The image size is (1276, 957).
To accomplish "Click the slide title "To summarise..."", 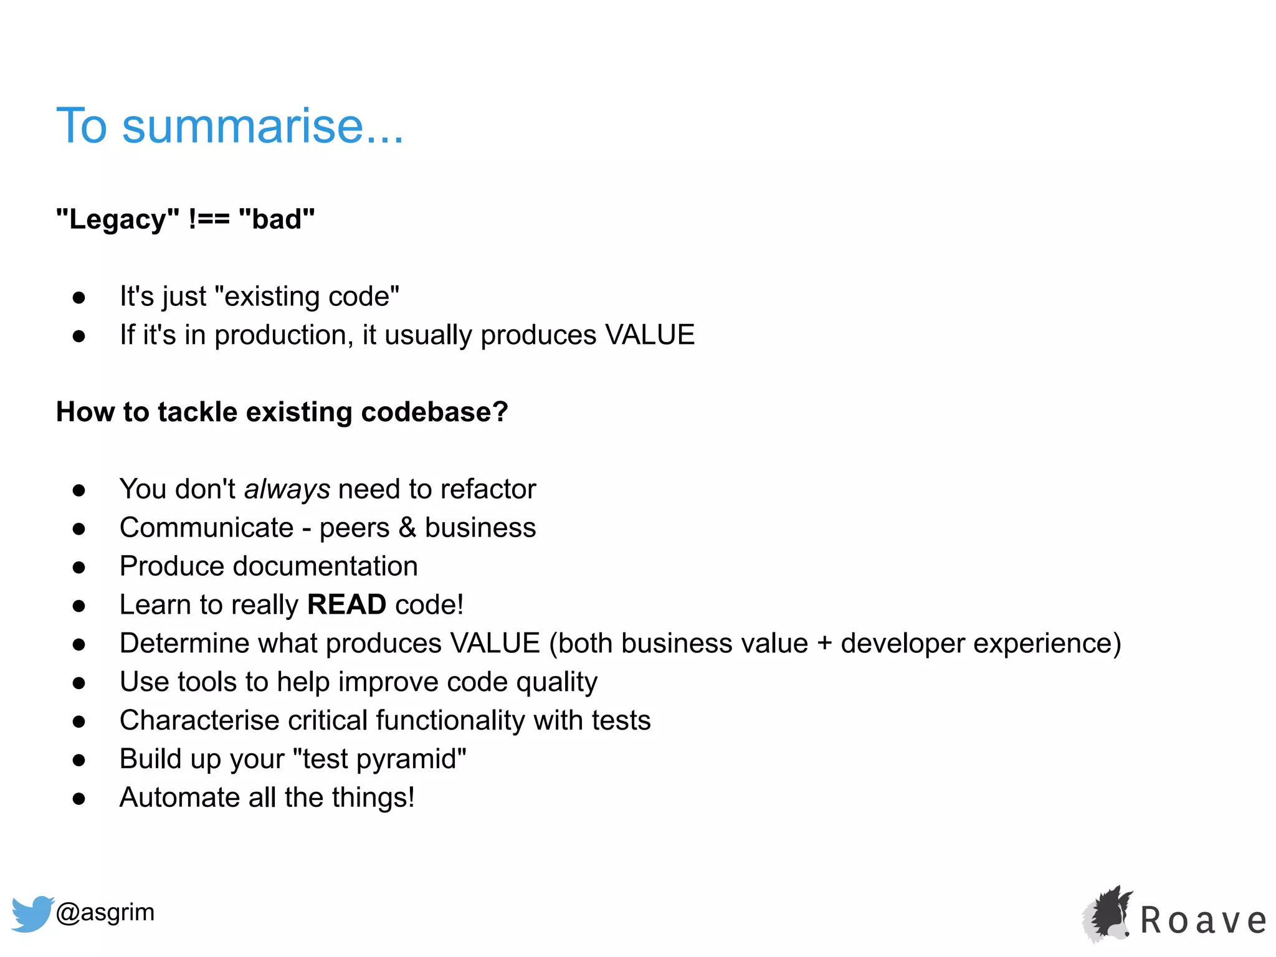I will (x=230, y=126).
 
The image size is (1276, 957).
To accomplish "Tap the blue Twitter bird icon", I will (x=32, y=913).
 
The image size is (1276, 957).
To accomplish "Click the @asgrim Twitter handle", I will (x=105, y=912).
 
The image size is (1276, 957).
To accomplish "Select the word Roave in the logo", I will (x=1203, y=921).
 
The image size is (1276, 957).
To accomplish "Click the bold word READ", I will (x=346, y=605).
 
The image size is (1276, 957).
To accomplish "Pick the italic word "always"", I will (x=287, y=490).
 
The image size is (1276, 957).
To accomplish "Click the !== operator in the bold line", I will (x=209, y=219).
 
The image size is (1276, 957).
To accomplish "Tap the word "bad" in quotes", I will (x=277, y=219).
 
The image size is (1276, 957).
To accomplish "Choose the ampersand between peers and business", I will (x=407, y=528).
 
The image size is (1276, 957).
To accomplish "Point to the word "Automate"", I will (x=179, y=797).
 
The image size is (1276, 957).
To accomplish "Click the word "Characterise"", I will (x=199, y=721).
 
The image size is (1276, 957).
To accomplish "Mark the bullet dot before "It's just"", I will (x=79, y=298).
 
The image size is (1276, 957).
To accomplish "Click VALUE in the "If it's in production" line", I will (x=650, y=335).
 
